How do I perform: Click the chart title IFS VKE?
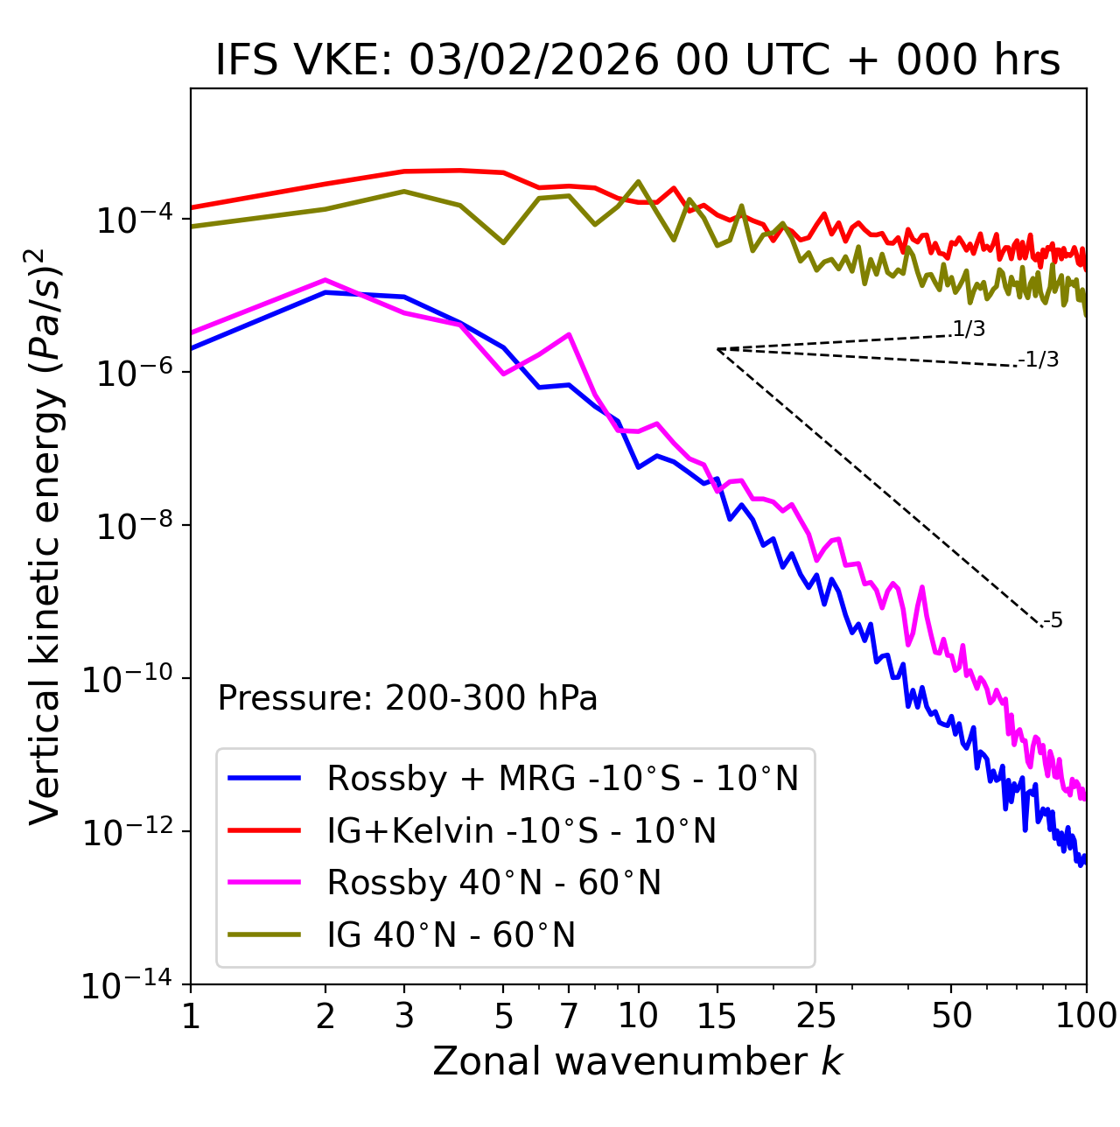(638, 60)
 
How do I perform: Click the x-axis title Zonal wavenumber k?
(638, 1060)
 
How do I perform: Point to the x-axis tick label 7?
(569, 1015)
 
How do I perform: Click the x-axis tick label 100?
(1086, 1015)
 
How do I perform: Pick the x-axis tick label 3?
(404, 1015)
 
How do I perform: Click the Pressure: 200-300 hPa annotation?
(407, 698)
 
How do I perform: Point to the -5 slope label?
(1053, 620)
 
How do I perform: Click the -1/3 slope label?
(1039, 359)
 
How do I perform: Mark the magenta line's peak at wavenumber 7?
(570, 334)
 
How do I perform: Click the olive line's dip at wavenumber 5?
(503, 242)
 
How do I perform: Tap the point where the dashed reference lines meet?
(717, 349)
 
